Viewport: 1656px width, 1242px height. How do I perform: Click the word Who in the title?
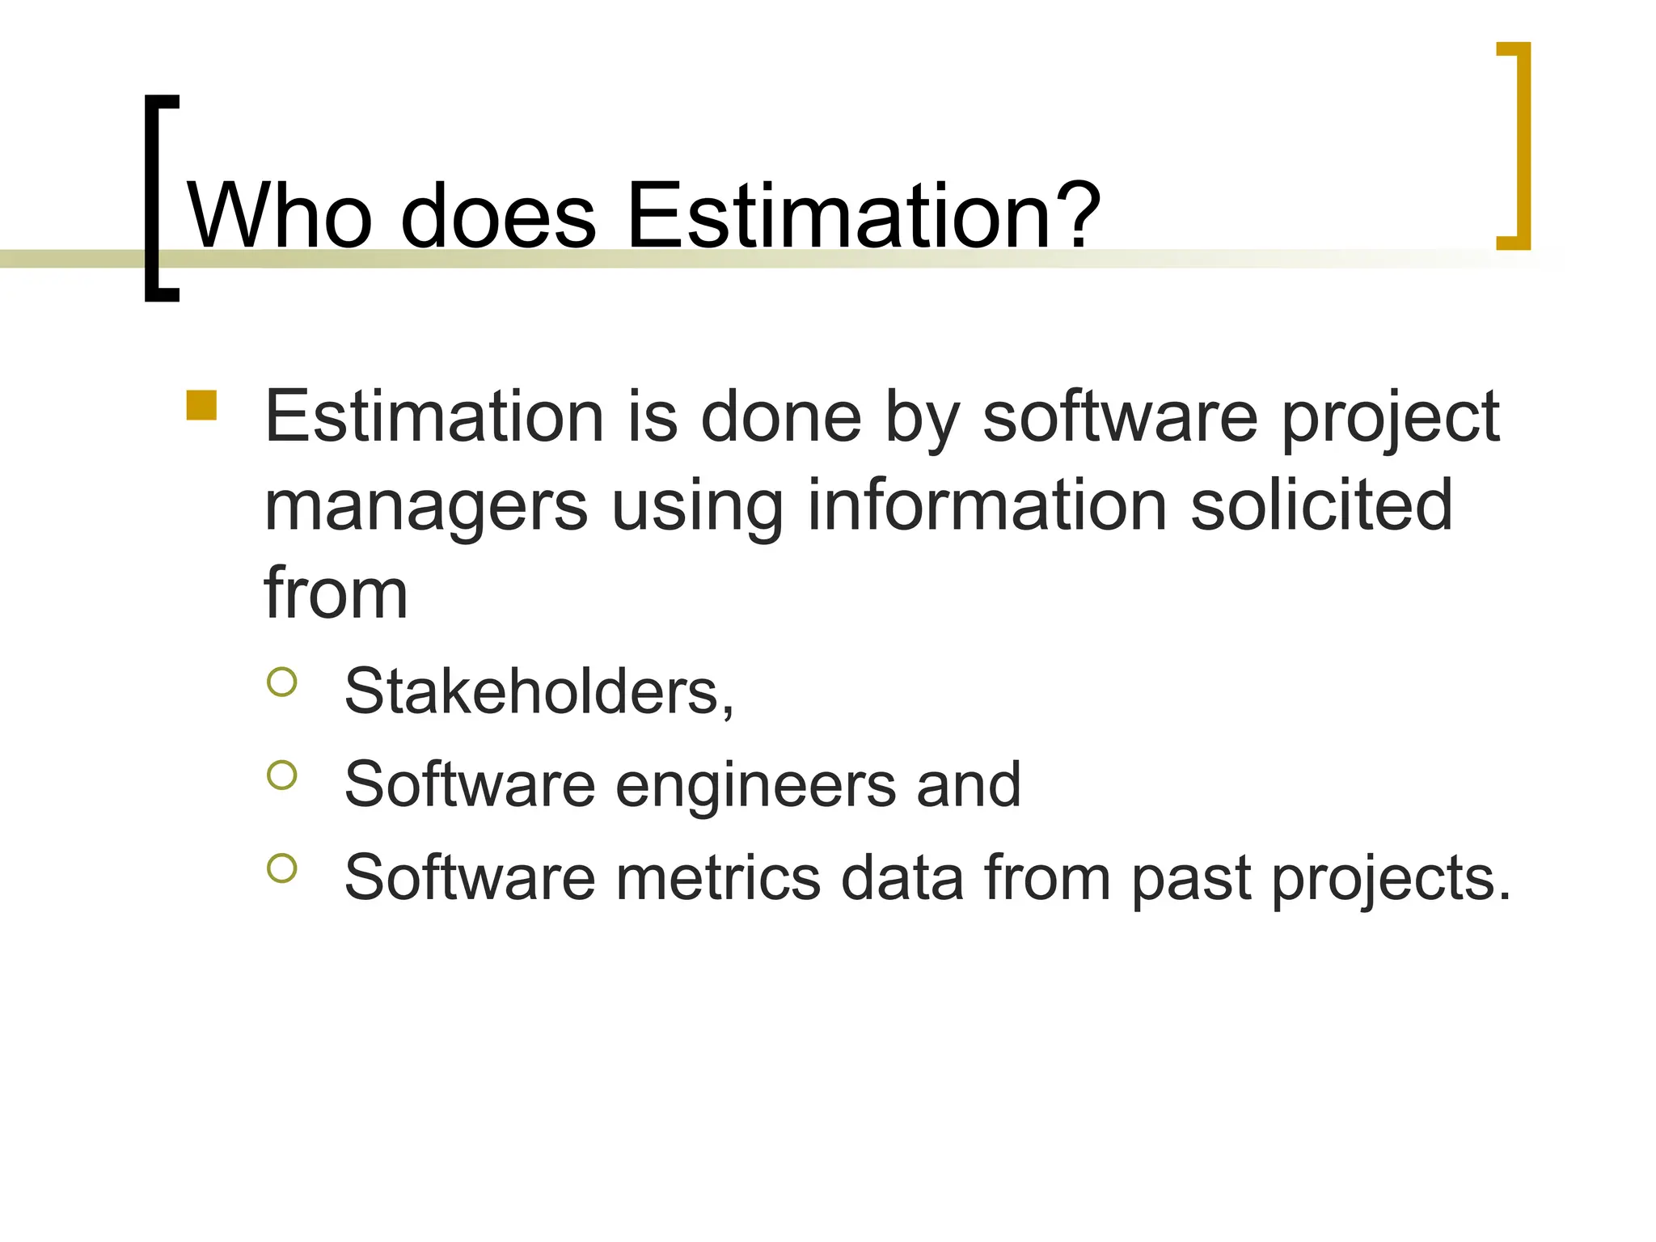[x=280, y=215]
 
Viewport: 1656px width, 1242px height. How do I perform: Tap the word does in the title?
[x=498, y=215]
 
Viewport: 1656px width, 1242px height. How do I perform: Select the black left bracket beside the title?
[x=159, y=198]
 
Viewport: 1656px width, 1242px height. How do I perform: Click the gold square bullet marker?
[x=201, y=406]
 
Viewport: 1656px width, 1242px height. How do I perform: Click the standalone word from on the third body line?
[x=336, y=594]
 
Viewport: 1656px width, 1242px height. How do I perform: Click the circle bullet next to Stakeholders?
[x=281, y=682]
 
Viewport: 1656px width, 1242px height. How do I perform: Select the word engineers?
[x=755, y=786]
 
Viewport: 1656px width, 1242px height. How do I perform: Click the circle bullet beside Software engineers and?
[x=281, y=775]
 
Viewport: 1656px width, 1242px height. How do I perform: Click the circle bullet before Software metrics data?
[x=281, y=868]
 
